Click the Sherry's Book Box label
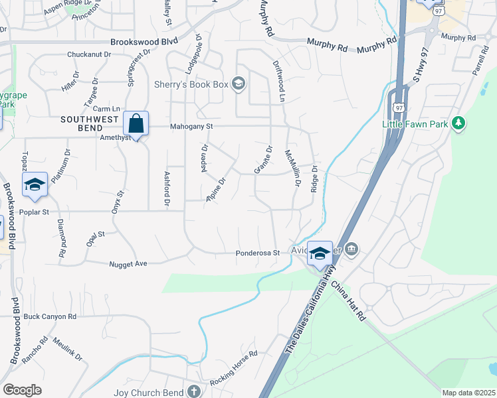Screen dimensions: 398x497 (x=191, y=84)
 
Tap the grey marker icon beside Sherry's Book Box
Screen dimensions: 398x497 (x=239, y=84)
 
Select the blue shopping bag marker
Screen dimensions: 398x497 (x=136, y=124)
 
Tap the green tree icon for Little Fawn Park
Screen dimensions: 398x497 (x=458, y=123)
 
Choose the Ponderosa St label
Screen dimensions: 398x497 (x=256, y=253)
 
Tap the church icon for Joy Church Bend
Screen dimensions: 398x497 (x=193, y=392)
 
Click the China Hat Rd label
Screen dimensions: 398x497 (x=348, y=302)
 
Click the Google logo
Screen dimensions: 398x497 (x=22, y=389)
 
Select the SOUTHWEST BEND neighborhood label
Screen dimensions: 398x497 (x=90, y=119)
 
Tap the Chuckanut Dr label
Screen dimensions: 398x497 (x=88, y=55)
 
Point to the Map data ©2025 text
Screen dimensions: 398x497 (x=468, y=393)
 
